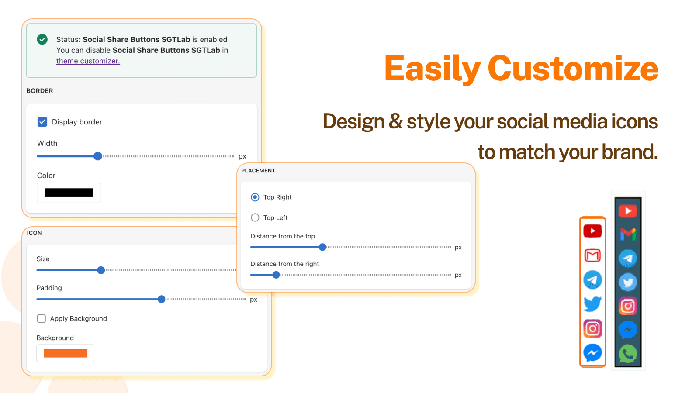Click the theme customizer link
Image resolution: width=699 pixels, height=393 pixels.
pyautogui.click(x=88, y=61)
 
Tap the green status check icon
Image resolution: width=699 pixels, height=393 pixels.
pyautogui.click(x=42, y=40)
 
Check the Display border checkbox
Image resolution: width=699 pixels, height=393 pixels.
pyautogui.click(x=42, y=122)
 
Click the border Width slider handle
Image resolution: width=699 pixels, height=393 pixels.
pyautogui.click(x=98, y=156)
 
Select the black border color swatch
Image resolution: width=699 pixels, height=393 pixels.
pyautogui.click(x=69, y=193)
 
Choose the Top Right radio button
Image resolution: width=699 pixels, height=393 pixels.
pyautogui.click(x=255, y=197)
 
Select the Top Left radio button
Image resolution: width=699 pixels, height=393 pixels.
pyautogui.click(x=255, y=217)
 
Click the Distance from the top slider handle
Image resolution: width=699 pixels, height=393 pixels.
pyautogui.click(x=322, y=247)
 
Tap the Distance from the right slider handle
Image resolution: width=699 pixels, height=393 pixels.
pyautogui.click(x=276, y=275)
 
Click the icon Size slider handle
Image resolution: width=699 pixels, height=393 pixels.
pyautogui.click(x=101, y=270)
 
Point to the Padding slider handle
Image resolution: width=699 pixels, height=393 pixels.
pyautogui.click(x=161, y=299)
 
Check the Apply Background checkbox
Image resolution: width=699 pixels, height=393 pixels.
pyautogui.click(x=41, y=318)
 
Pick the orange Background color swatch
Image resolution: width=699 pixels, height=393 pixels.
pyautogui.click(x=66, y=353)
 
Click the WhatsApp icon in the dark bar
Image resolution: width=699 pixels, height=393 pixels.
pyautogui.click(x=628, y=354)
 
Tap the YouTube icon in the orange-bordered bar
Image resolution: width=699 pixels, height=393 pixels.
pyautogui.click(x=592, y=231)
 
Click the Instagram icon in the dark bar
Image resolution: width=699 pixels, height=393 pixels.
pyautogui.click(x=628, y=306)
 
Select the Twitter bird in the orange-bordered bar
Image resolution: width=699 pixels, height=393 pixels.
pyautogui.click(x=592, y=304)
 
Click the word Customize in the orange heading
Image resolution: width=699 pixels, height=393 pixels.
pyautogui.click(x=573, y=68)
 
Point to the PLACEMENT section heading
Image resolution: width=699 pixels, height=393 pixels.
pyautogui.click(x=258, y=171)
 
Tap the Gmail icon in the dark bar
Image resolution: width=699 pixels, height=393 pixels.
pyautogui.click(x=628, y=234)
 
